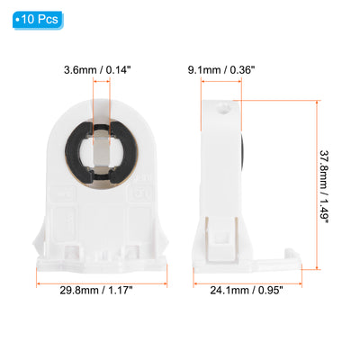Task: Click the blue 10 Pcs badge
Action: [x=38, y=20]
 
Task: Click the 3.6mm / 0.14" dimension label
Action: [x=97, y=70]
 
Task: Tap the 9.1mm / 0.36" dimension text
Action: [x=221, y=70]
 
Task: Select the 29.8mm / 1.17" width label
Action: [x=96, y=291]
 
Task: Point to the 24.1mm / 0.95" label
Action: [x=247, y=291]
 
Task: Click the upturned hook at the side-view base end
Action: [x=292, y=255]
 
